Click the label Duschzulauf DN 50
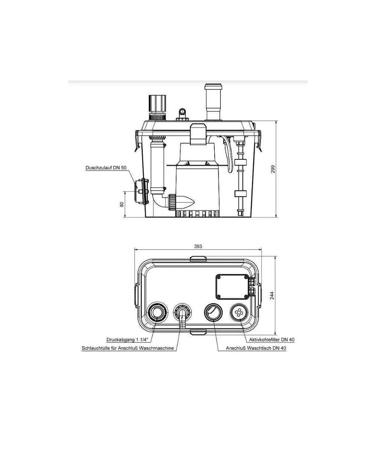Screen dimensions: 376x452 coord(106,168)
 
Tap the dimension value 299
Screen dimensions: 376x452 coord(273,169)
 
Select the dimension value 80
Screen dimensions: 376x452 coord(122,205)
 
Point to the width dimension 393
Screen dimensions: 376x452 coord(198,246)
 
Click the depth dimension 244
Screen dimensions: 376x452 coord(272,295)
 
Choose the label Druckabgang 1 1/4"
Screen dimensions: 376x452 coord(127,340)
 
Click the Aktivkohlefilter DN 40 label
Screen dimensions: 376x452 coord(271,340)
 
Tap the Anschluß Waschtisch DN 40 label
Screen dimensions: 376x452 coord(256,348)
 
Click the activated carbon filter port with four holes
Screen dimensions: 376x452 coord(239,312)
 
